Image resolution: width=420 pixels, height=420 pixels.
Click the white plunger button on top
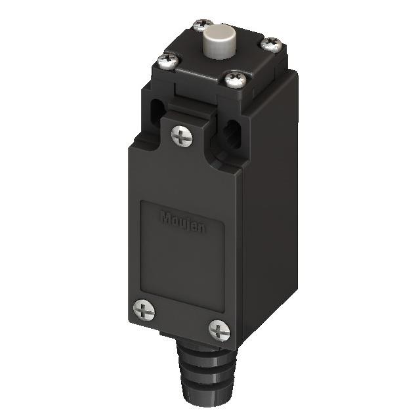[217, 39]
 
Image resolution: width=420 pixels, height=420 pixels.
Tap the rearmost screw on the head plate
[200, 25]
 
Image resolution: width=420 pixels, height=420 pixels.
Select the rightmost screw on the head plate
[270, 44]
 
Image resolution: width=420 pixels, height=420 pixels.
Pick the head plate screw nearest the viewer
[234, 80]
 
